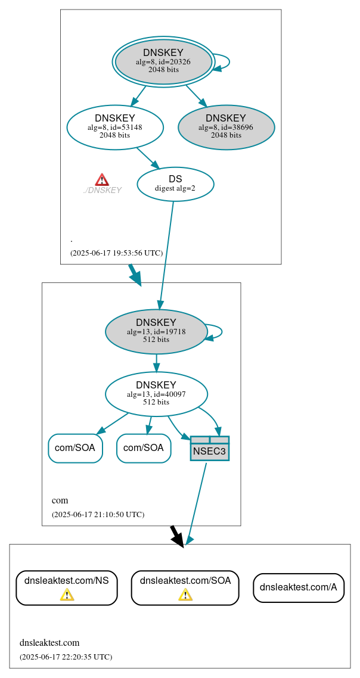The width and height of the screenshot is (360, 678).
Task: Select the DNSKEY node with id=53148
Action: (115, 127)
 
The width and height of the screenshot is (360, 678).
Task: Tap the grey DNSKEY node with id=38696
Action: (226, 127)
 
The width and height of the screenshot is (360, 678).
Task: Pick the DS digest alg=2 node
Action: (175, 184)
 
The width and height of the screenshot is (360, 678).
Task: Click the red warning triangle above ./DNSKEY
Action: (102, 179)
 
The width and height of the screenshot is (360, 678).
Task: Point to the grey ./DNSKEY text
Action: (103, 191)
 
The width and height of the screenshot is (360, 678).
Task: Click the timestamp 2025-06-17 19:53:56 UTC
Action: (116, 253)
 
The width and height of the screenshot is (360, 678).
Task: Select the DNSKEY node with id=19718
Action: (156, 332)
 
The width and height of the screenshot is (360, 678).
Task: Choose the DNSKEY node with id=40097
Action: (156, 394)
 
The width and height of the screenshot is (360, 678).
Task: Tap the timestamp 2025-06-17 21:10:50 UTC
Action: (98, 514)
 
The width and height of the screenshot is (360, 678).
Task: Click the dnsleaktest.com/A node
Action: (299, 587)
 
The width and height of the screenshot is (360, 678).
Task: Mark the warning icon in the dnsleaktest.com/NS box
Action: (67, 595)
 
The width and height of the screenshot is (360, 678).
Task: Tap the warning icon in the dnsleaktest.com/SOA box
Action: (185, 595)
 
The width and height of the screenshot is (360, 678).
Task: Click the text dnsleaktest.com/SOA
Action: (185, 580)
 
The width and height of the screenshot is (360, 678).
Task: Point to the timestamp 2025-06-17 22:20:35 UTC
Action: (66, 657)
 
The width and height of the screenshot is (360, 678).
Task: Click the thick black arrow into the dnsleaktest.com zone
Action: (177, 534)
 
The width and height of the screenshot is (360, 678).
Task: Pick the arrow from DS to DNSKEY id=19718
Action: (167, 250)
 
